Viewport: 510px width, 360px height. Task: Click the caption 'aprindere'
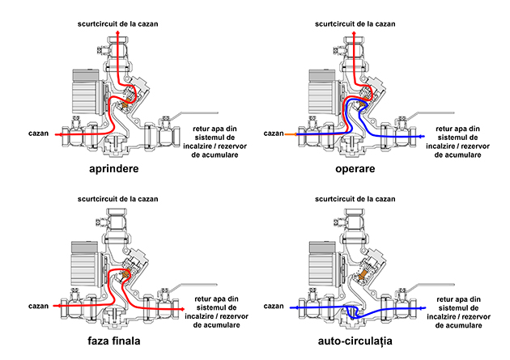click(122, 171)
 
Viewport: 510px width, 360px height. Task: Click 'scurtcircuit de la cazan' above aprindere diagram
click(117, 23)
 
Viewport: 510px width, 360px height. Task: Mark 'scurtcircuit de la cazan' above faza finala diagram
click(117, 197)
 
